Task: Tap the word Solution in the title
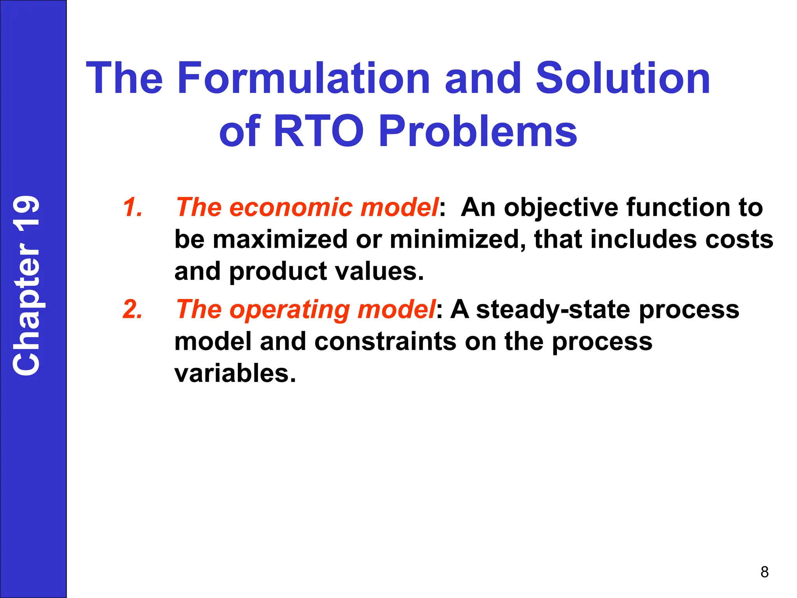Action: point(623,79)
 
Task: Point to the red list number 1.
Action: point(132,207)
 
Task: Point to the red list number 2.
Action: point(132,310)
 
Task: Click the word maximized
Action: point(280,239)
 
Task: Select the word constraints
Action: point(385,342)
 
